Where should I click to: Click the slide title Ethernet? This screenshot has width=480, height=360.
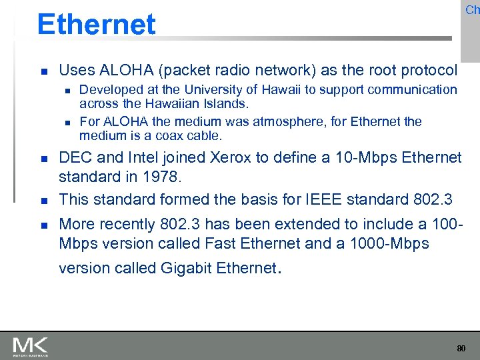[x=96, y=25]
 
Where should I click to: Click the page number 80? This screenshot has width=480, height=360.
[x=461, y=348]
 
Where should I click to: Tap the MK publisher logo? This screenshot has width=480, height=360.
[x=30, y=346]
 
